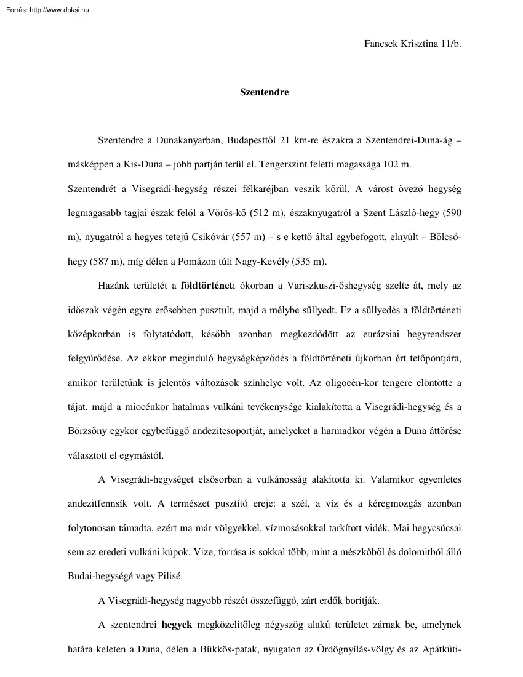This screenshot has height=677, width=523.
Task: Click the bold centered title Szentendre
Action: point(264,93)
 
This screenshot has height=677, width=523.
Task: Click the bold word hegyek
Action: point(177,624)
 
